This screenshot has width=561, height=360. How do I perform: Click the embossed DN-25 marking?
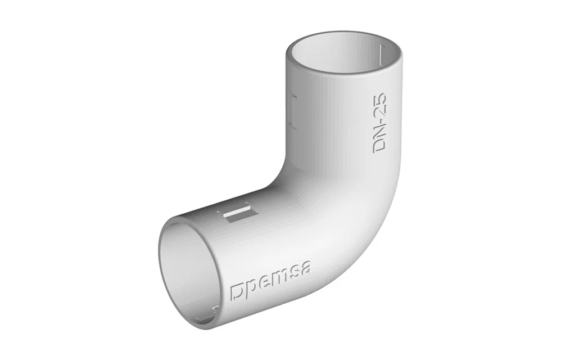pos(379,123)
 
